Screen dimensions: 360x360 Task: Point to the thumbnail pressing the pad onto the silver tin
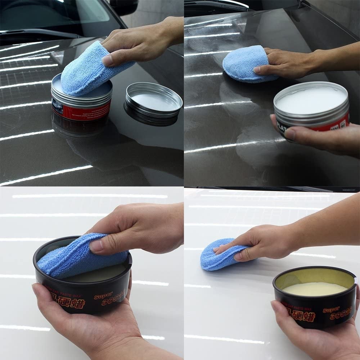tap(107, 60)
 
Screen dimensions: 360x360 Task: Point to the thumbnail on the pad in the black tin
tap(96, 246)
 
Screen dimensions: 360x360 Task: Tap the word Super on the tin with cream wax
tap(331, 310)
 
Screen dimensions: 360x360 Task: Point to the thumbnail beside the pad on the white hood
tap(238, 256)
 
